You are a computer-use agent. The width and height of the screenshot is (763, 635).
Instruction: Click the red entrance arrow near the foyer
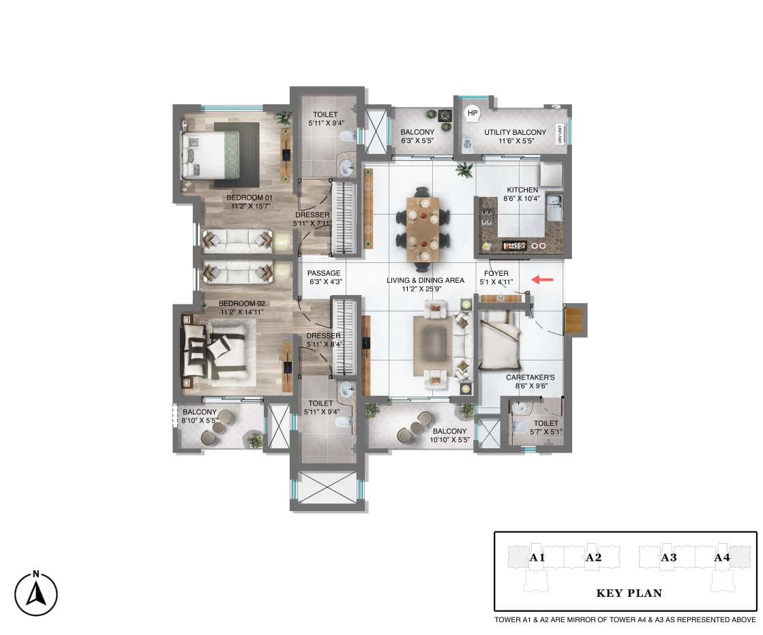pyautogui.click(x=543, y=279)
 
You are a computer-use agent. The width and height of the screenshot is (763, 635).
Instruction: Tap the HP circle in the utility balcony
pyautogui.click(x=473, y=113)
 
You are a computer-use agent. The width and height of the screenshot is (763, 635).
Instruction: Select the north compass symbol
pyautogui.click(x=36, y=593)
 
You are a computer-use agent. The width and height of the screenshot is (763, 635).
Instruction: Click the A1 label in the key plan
pyautogui.click(x=537, y=558)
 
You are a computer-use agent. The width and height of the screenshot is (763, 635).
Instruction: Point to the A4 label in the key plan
pyautogui.click(x=722, y=558)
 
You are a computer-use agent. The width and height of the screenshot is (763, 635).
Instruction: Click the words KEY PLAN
pyautogui.click(x=629, y=593)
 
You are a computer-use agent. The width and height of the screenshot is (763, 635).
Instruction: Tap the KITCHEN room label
pyautogui.click(x=522, y=189)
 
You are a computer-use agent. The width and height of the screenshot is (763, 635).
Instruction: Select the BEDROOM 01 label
pyautogui.click(x=249, y=198)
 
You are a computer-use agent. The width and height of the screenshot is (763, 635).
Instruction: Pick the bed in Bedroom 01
pyautogui.click(x=210, y=155)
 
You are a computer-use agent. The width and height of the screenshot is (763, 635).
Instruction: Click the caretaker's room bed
pyautogui.click(x=500, y=340)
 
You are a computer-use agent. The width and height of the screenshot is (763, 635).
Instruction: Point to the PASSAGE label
pyautogui.click(x=324, y=273)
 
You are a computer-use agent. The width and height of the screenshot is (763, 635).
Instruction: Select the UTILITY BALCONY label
pyautogui.click(x=515, y=132)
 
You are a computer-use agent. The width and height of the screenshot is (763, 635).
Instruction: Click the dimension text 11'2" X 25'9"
pyautogui.click(x=421, y=289)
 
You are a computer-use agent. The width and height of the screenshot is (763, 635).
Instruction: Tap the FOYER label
pyautogui.click(x=496, y=273)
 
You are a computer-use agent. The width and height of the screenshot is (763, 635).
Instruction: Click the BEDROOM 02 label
pyautogui.click(x=242, y=303)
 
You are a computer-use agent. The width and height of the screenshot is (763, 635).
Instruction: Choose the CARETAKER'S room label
pyautogui.click(x=530, y=377)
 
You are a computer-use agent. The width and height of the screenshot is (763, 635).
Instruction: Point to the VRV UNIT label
pyautogui.click(x=560, y=135)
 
